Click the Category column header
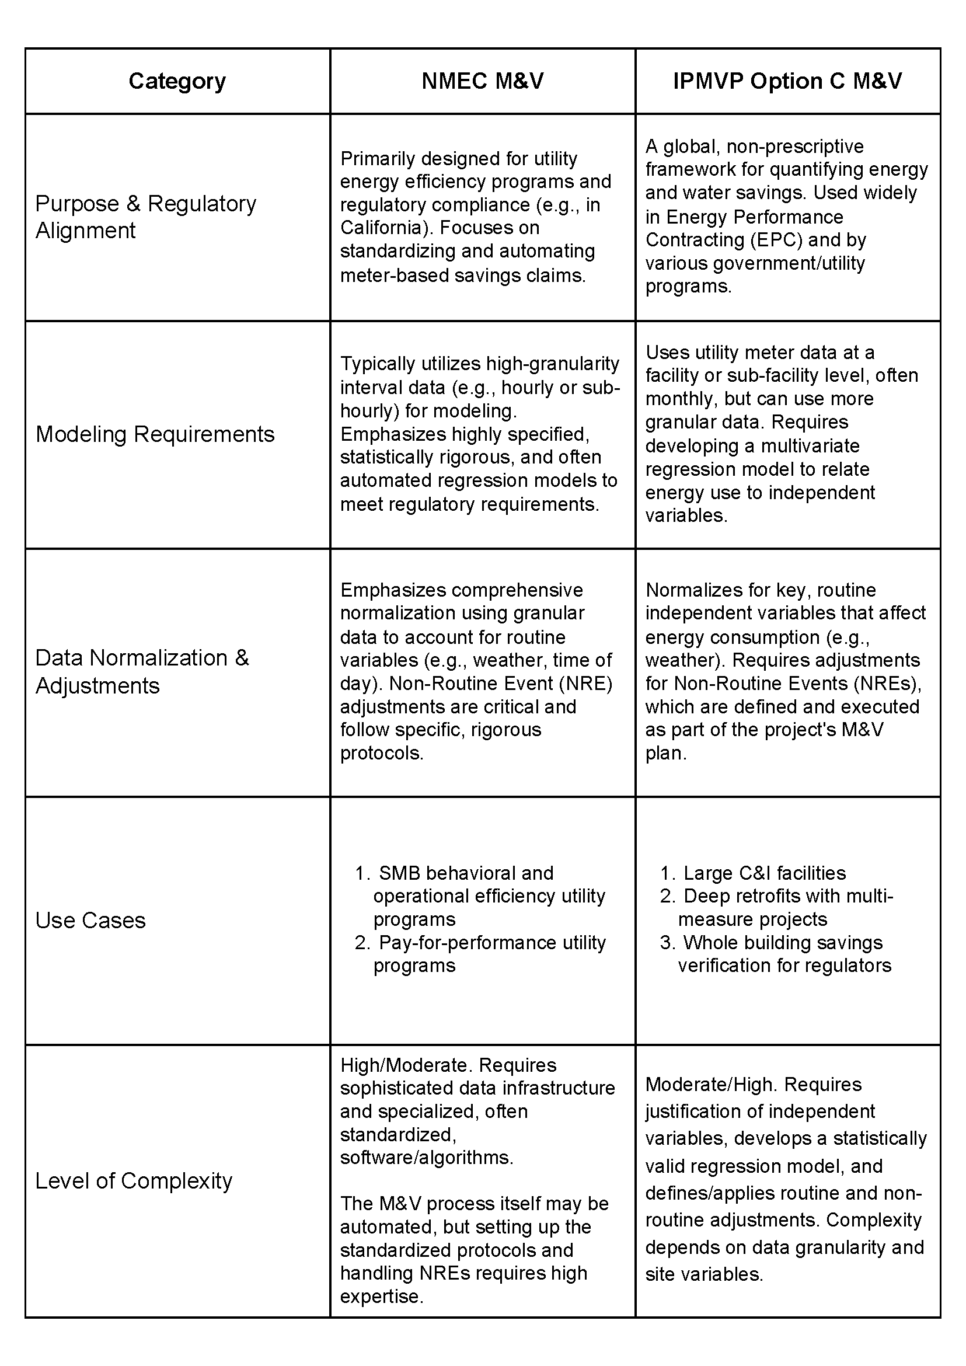(177, 81)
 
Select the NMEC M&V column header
(482, 81)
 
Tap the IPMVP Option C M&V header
(787, 81)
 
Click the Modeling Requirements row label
(155, 434)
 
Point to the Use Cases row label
(90, 921)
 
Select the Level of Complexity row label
(134, 1181)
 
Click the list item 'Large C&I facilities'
(765, 873)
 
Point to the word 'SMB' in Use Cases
(399, 873)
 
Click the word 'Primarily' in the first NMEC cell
(378, 159)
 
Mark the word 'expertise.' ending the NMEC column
(382, 1297)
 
